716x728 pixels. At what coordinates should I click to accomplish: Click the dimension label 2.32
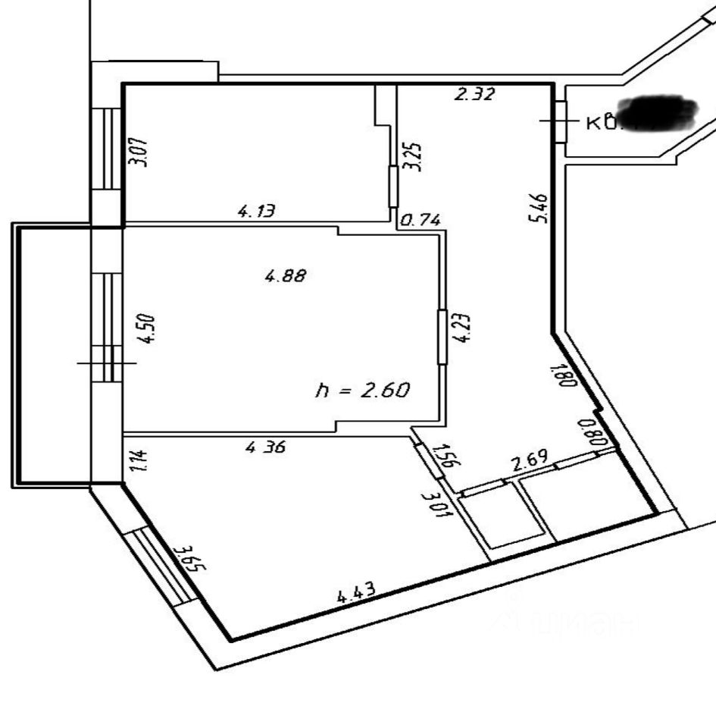[474, 95]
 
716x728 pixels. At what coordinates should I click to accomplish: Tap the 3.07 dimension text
[137, 151]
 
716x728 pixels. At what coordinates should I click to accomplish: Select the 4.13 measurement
[256, 212]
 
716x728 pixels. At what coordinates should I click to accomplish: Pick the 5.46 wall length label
[538, 208]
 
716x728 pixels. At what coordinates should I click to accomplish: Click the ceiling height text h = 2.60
[362, 390]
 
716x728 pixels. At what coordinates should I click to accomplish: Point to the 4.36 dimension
[265, 448]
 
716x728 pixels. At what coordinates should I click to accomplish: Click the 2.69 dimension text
[529, 461]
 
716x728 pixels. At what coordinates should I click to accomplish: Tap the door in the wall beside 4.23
[442, 337]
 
